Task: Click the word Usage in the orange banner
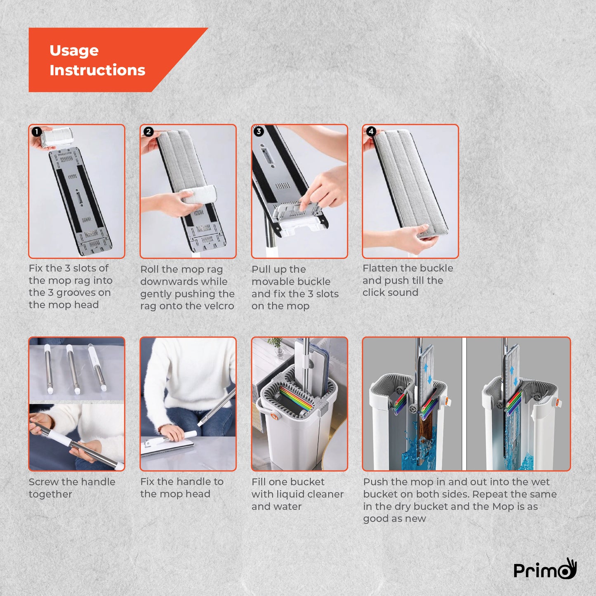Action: click(x=74, y=50)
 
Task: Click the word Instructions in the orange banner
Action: click(x=97, y=70)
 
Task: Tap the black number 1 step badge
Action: click(x=36, y=132)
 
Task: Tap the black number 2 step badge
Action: click(x=148, y=132)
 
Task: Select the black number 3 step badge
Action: click(x=259, y=132)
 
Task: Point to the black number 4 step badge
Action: click(x=371, y=132)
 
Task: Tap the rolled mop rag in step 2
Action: click(x=198, y=195)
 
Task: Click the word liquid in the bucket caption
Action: click(x=285, y=494)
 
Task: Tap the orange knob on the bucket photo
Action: click(x=274, y=416)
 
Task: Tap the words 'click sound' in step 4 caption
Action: click(x=390, y=292)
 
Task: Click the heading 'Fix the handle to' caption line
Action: click(x=182, y=482)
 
